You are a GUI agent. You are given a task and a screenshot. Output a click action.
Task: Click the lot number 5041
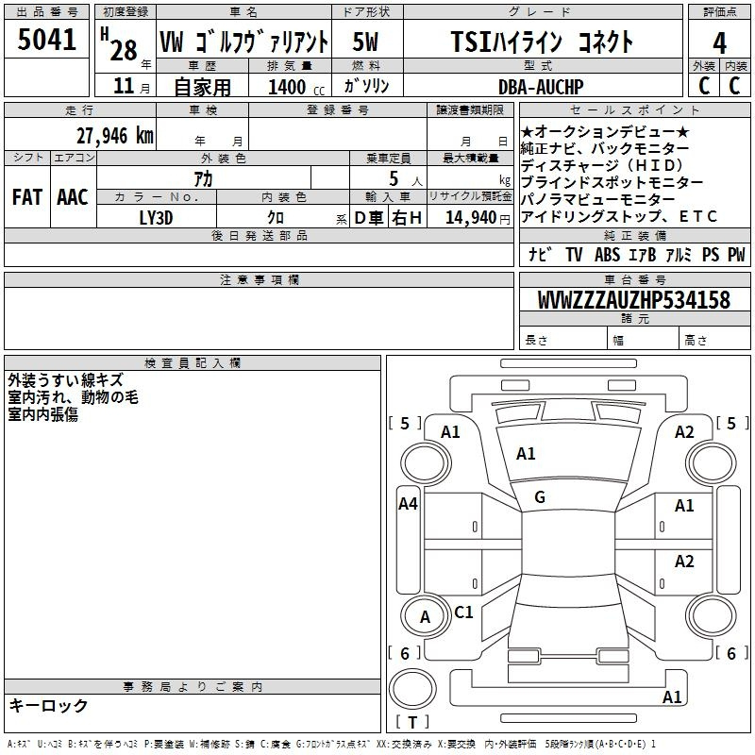point(46,40)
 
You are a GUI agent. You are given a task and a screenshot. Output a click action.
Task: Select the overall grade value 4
point(719,43)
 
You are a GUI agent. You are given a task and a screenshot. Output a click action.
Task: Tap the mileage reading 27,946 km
point(115,136)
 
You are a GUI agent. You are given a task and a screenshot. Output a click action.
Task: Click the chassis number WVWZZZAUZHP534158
point(634,300)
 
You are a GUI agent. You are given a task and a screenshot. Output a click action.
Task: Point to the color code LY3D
point(156,218)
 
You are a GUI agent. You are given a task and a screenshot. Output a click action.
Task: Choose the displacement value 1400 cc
point(296,87)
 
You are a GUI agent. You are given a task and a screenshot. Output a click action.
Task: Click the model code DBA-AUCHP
point(541,87)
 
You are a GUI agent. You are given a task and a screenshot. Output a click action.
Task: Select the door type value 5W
point(365,42)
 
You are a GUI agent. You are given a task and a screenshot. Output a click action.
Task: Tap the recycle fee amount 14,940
point(471,218)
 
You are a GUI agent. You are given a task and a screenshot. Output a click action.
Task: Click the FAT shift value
point(27,197)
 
